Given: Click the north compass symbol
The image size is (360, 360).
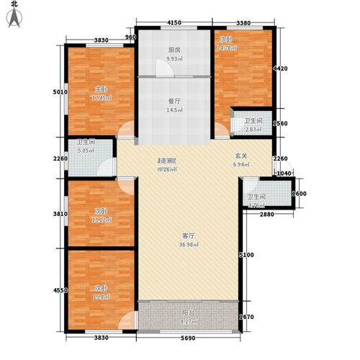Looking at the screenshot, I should click(x=14, y=15).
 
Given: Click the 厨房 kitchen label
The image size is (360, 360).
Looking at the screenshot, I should click(x=174, y=50).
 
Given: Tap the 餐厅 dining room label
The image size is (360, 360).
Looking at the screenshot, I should click(x=174, y=101).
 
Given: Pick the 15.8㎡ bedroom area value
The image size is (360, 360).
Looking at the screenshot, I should click(x=99, y=294).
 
